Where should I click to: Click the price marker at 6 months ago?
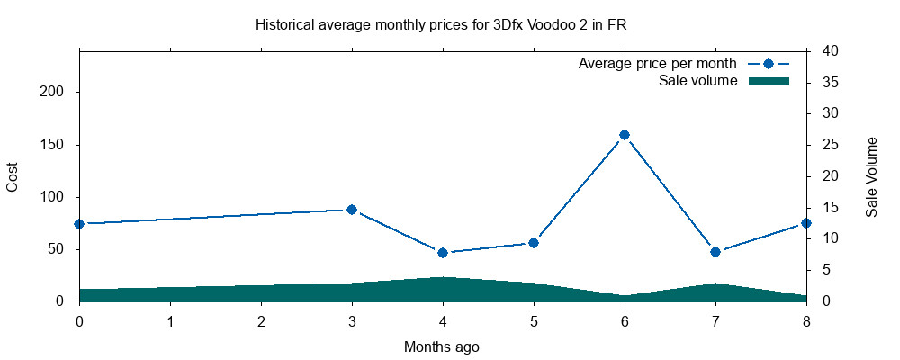625,135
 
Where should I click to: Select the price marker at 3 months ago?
352,210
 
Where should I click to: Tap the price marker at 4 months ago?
443,253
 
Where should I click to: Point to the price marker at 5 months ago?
534,243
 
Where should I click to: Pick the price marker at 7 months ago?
715,252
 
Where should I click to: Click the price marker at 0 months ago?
79,224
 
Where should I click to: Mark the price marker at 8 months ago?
806,223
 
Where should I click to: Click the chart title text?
441,25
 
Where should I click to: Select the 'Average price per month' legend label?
658,64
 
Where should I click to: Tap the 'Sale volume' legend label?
698,81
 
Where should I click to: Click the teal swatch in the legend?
769,81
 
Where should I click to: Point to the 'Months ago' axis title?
441,346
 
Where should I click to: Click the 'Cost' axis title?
13,176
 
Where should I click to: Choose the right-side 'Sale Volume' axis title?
871,176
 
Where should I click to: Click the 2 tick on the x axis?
261,320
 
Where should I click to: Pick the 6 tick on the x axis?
625,320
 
